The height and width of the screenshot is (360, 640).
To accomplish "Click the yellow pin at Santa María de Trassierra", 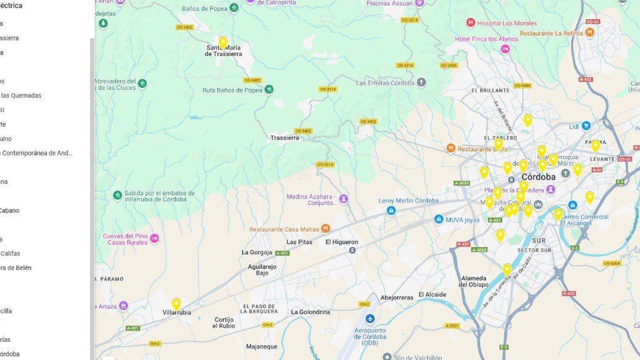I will click(x=223, y=42).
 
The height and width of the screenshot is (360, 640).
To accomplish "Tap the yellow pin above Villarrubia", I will click(x=176, y=304).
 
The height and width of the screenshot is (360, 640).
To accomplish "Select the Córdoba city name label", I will click(x=538, y=177).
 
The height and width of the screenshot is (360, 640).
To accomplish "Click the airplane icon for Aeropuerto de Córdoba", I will click(x=370, y=319).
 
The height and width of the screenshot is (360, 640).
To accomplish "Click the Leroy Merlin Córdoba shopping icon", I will click(x=391, y=210).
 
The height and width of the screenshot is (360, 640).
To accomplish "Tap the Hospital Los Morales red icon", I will click(x=471, y=23).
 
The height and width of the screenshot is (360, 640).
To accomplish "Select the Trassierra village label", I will click(x=284, y=138).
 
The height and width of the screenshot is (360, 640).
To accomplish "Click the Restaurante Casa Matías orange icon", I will click(x=326, y=229).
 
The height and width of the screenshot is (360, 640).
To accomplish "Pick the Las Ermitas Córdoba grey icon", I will click(x=421, y=83).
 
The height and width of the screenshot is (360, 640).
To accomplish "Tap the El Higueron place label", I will click(x=342, y=242).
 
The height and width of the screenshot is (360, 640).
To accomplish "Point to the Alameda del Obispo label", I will click(x=474, y=282).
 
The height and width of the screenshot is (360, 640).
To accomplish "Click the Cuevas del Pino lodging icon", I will click(x=154, y=239).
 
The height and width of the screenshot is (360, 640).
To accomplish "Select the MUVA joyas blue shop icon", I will click(x=439, y=220).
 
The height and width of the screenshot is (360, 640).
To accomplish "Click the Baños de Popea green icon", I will click(x=234, y=8).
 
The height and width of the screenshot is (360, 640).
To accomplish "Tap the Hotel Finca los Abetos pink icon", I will click(x=505, y=49).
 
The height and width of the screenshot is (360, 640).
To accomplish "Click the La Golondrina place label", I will click(x=310, y=312).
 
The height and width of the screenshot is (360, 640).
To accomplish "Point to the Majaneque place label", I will click(x=262, y=346).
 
